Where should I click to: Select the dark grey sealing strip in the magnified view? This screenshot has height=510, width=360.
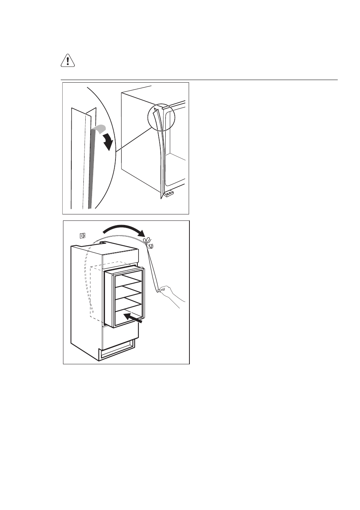tap(91, 170)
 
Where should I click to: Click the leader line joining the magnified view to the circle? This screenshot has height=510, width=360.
tap(134, 140)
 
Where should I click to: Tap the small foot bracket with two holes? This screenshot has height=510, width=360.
tap(168, 194)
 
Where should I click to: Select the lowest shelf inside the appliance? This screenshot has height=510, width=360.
tap(128, 307)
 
